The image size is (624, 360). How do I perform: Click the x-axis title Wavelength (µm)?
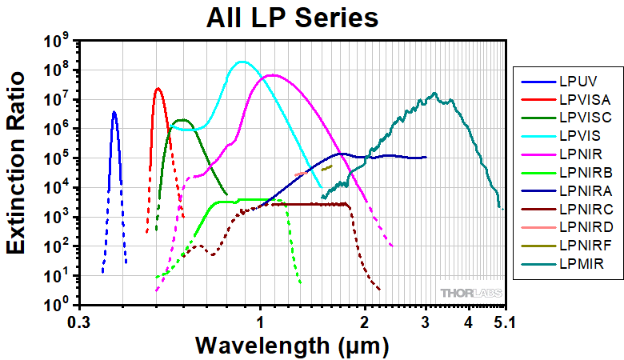coord(293,346)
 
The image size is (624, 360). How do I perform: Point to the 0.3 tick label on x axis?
coord(78,322)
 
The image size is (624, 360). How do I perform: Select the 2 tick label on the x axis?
coord(366,322)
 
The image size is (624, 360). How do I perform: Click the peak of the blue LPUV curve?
coord(114,112)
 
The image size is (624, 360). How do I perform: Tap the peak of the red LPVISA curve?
coord(158,88)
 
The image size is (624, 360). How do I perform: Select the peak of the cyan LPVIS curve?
coord(241,62)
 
